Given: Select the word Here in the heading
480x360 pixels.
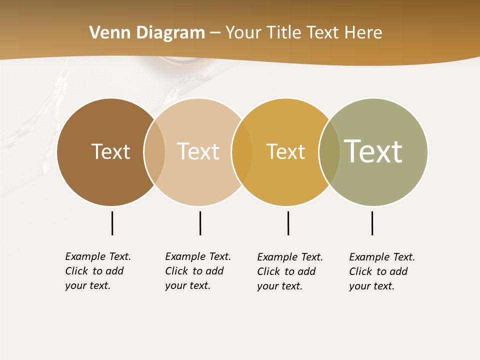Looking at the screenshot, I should tap(363, 33).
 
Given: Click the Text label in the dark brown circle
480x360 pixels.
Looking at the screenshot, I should tap(110, 151).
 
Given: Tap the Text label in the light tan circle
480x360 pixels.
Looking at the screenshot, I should tap(198, 151).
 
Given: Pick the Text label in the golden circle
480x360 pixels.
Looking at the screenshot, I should tap(285, 151).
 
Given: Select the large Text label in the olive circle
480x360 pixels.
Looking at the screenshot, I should tap(373, 151).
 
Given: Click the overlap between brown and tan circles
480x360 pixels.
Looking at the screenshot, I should tap(154, 152).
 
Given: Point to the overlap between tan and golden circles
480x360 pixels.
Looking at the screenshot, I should tap(242, 152).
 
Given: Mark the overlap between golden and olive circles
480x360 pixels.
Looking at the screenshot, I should tap(329, 152).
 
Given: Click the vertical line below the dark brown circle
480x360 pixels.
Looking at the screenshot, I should tap(112, 223).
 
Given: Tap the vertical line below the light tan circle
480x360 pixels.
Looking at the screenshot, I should tap(200, 223).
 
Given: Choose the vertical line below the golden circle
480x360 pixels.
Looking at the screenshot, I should tap(288, 223).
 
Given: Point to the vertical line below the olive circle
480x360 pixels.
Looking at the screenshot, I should tap(372, 223).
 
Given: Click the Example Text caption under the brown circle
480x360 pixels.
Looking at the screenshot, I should tap(97, 271).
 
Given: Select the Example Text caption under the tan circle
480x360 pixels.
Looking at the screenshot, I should tap(197, 271).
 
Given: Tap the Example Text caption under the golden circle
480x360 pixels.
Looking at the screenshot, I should tap(289, 271).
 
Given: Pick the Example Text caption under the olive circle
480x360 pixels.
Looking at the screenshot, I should tap(381, 271).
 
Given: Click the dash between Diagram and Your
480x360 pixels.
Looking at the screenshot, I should tap(215, 33).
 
